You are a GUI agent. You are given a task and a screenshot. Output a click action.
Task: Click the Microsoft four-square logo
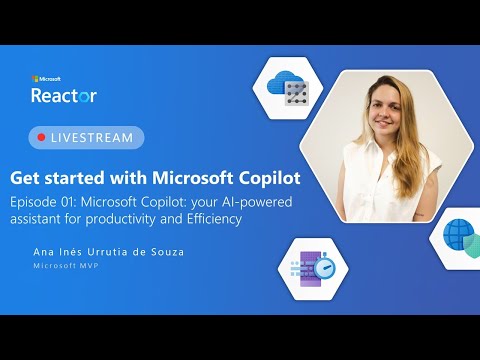tap(35, 78)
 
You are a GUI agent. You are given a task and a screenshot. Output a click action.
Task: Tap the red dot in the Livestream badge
tap(41, 137)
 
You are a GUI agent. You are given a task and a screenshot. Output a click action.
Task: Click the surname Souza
tap(165, 252)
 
